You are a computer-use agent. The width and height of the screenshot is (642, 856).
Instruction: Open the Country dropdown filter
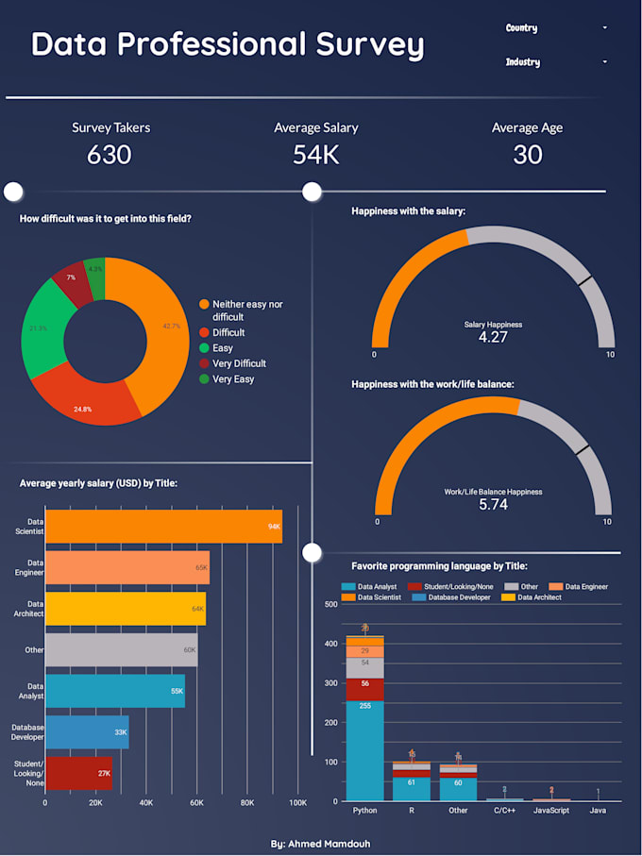coord(556,28)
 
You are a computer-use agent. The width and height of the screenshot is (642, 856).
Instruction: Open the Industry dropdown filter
coord(556,62)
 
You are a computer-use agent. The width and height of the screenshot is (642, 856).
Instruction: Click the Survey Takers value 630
coord(110,155)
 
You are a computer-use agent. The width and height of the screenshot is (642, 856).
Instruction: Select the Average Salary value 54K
coord(315,155)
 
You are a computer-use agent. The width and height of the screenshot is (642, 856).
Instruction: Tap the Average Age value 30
coord(527,155)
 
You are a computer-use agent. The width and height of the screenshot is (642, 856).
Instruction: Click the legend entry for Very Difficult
coord(239,363)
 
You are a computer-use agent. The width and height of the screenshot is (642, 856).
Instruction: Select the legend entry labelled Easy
coord(223,348)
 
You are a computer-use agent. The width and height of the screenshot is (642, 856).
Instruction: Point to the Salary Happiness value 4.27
coord(493,337)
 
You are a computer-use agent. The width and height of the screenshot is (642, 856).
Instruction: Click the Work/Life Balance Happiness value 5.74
coord(493,505)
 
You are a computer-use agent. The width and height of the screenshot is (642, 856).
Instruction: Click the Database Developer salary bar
coord(87,731)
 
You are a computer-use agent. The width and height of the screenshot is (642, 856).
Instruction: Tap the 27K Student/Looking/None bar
coord(78,773)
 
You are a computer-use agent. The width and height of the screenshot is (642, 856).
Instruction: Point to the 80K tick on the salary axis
coord(246,803)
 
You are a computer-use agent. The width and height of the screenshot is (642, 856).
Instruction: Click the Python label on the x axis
coord(364,811)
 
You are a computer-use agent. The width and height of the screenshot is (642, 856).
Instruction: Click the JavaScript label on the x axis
coord(551,811)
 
